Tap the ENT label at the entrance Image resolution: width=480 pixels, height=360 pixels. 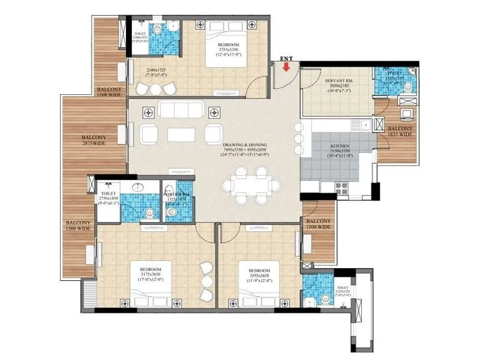click(x=286, y=59)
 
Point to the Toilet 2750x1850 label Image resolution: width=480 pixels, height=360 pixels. click(x=110, y=198)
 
